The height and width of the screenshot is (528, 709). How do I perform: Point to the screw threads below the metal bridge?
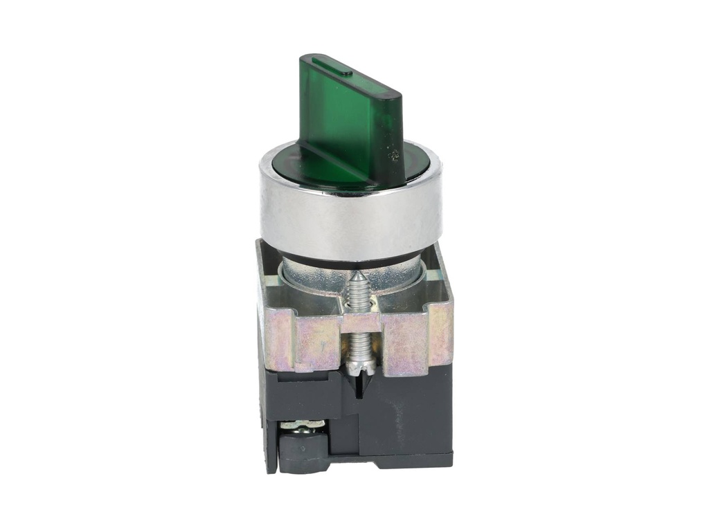[x=359, y=343]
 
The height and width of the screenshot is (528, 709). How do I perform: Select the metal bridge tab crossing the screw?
[x=359, y=322]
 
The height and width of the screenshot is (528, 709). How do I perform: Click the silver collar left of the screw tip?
[x=312, y=277]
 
